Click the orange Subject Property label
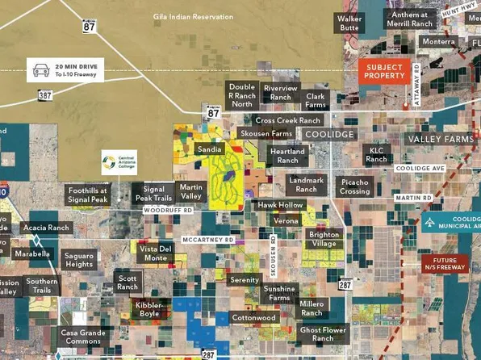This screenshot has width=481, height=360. click(x=384, y=71)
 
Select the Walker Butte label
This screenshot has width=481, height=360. click(x=349, y=23)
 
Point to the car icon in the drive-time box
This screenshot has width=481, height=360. click(x=39, y=70)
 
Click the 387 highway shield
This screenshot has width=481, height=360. click(x=46, y=95)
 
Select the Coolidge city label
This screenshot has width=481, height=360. click(x=328, y=134)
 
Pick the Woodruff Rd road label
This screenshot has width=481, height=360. click(x=168, y=210)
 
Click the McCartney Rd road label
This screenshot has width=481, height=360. click(x=207, y=240)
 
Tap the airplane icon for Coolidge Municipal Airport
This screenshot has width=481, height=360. click(x=432, y=223)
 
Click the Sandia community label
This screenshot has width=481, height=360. click(x=209, y=150)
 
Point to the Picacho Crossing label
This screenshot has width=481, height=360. click(x=355, y=187)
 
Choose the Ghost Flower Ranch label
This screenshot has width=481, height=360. click(x=322, y=334)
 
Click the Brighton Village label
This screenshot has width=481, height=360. click(x=324, y=239)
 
